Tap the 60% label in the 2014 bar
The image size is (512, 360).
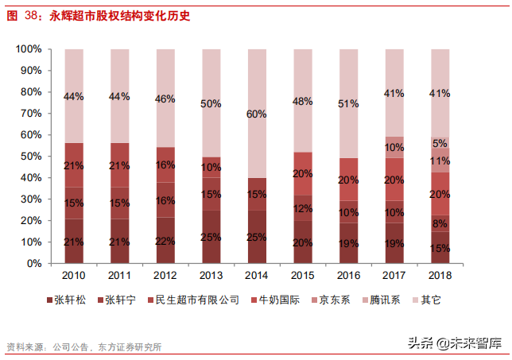pyautogui.click(x=257, y=114)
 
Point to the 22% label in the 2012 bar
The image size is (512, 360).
pyautogui.click(x=165, y=241)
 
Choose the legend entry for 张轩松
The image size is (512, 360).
pyautogui.click(x=68, y=300)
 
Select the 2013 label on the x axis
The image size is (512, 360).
pyautogui.click(x=211, y=276)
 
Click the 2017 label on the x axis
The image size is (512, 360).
pyautogui.click(x=394, y=276)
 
